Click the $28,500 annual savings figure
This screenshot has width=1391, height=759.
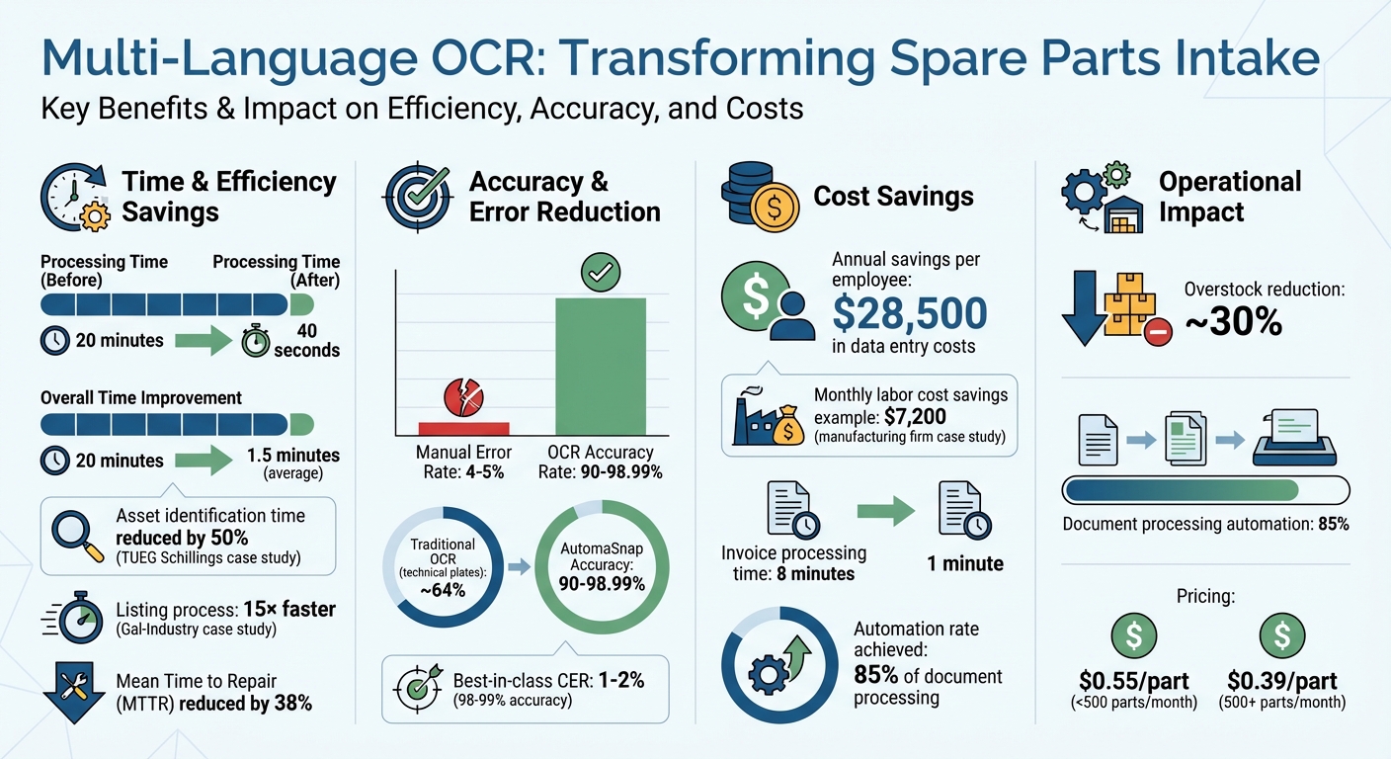point(910,312)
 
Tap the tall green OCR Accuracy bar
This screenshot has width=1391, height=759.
point(600,366)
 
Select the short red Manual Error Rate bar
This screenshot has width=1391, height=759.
point(463,428)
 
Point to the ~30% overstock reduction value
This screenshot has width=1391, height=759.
point(1233,321)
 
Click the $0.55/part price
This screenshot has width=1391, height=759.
point(1133,681)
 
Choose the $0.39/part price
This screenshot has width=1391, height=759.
point(1282,681)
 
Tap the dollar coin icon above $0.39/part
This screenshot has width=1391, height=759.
point(1282,634)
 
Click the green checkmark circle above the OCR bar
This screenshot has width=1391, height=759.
point(599,273)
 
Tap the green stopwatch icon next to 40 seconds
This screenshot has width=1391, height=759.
point(254,340)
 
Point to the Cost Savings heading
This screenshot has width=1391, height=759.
point(893,196)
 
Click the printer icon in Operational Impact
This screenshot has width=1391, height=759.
point(1295,438)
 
